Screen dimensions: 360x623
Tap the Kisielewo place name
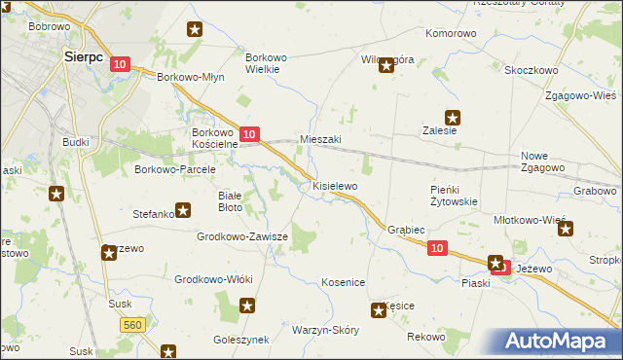(335, 185)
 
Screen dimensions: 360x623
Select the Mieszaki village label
(320, 139)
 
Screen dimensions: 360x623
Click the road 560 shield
(134, 323)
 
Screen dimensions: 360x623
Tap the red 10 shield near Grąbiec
(437, 249)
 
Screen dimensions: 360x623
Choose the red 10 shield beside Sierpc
(119, 64)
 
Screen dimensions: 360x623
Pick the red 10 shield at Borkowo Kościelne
(249, 134)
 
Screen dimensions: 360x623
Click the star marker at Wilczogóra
(386, 66)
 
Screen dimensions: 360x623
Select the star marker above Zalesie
(453, 118)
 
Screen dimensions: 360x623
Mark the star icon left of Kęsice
(378, 311)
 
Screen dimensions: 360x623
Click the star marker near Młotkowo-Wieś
(566, 230)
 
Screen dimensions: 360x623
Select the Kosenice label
(343, 282)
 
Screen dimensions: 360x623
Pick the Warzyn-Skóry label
(325, 330)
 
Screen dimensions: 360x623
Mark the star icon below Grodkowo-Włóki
(247, 306)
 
